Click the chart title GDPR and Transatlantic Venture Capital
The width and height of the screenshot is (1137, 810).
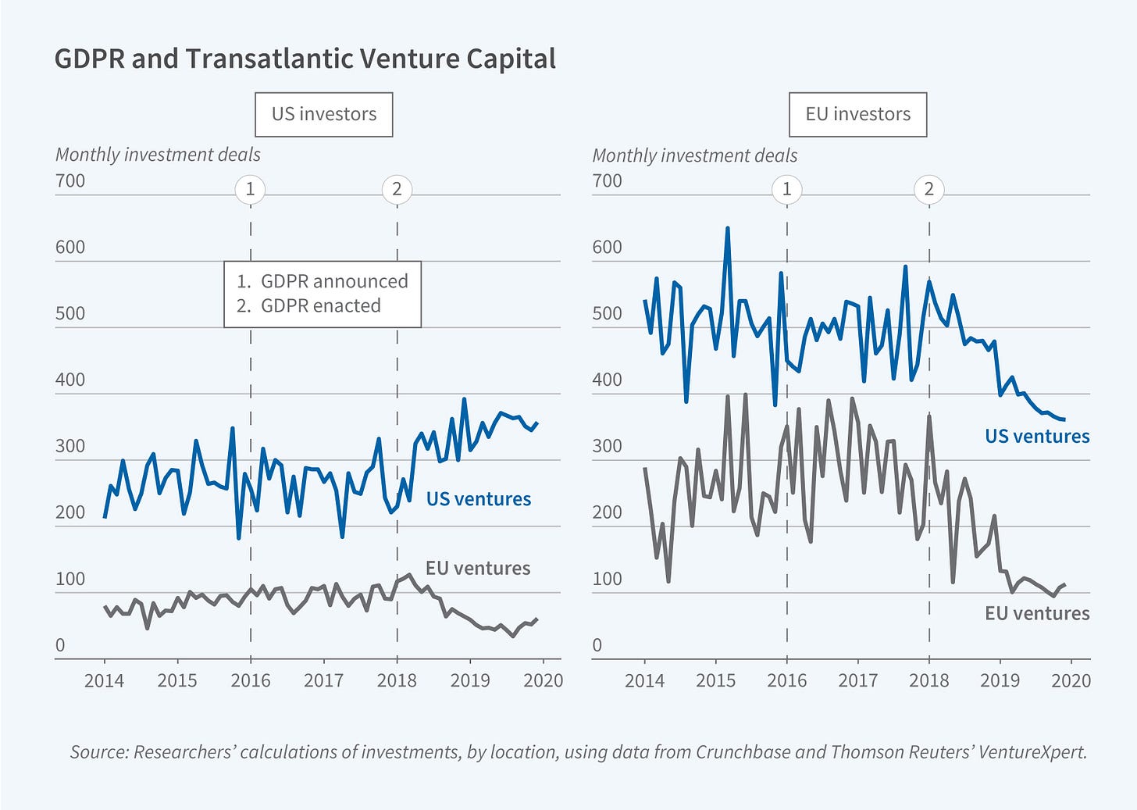click(305, 59)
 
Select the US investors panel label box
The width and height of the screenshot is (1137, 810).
click(323, 114)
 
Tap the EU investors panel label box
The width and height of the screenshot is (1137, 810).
click(857, 114)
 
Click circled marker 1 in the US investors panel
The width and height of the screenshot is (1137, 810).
click(250, 189)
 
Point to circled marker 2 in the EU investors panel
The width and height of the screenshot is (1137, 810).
click(928, 189)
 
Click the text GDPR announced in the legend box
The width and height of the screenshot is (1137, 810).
click(334, 281)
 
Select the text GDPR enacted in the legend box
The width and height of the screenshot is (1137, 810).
click(320, 305)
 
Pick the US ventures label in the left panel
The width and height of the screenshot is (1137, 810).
click(478, 499)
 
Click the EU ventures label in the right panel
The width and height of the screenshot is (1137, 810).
click(1036, 613)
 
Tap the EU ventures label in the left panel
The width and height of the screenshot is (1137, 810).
click(477, 568)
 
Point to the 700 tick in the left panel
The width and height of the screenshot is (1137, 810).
click(70, 181)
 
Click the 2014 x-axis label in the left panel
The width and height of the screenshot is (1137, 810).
click(104, 680)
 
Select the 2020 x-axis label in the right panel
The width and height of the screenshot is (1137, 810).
click(1071, 680)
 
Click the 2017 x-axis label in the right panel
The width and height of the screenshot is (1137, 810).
click(857, 680)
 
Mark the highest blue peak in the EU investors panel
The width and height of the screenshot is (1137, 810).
click(727, 229)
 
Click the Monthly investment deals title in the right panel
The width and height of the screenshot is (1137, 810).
click(694, 155)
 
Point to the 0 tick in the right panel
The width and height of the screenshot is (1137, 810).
click(597, 645)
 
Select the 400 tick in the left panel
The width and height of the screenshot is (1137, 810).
click(70, 380)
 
